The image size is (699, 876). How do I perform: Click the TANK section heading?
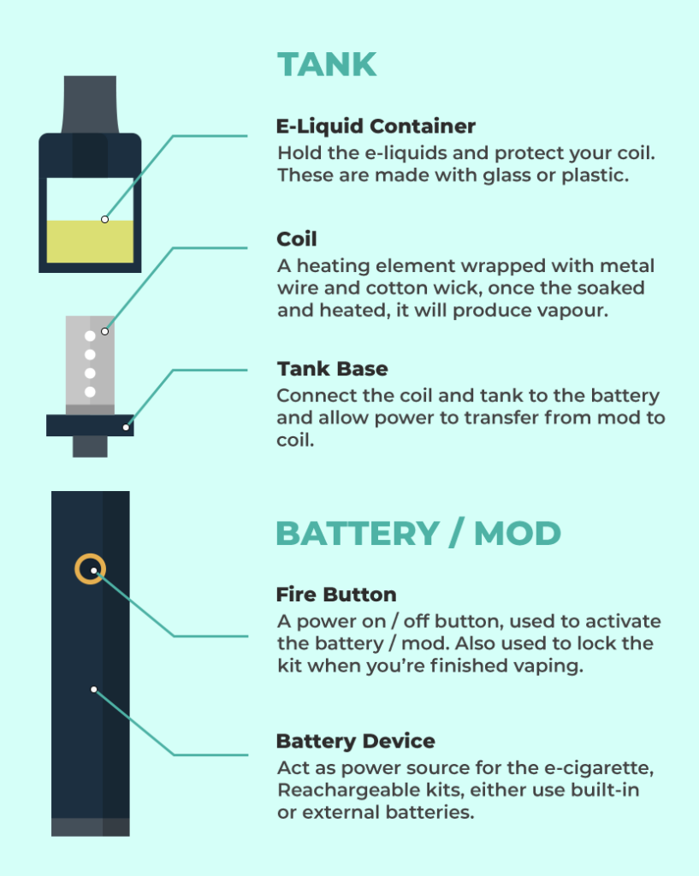tap(327, 64)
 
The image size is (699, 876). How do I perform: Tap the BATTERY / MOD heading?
tap(418, 533)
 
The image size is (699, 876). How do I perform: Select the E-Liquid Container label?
tap(376, 127)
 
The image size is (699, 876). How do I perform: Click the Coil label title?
tap(297, 240)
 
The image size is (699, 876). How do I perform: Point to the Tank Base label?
tap(333, 369)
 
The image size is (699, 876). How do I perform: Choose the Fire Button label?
tap(336, 595)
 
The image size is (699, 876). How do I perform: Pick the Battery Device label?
tap(355, 741)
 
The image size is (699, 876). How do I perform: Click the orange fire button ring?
tap(90, 556)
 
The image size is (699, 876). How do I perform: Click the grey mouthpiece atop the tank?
tap(90, 104)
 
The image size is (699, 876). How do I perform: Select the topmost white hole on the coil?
tap(90, 335)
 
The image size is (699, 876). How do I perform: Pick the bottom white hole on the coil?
tap(90, 392)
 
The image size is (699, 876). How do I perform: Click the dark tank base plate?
tap(90, 425)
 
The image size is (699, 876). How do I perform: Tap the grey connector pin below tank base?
tap(90, 447)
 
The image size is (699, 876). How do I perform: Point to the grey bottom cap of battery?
tap(91, 827)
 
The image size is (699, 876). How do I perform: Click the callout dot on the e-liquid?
tap(104, 220)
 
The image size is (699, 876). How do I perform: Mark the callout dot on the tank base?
tap(126, 428)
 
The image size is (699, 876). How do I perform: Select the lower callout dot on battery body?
tap(94, 690)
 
